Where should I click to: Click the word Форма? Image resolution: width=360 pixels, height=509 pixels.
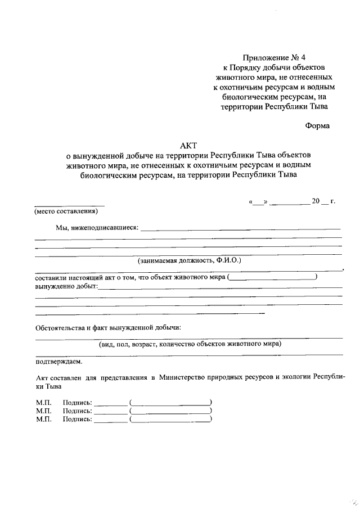coord(317,126)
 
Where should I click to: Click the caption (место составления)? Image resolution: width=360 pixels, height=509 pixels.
coord(66,211)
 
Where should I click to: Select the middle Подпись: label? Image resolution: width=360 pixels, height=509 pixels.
coord(78,411)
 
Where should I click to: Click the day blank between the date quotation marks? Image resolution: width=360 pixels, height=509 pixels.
coord(258,202)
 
